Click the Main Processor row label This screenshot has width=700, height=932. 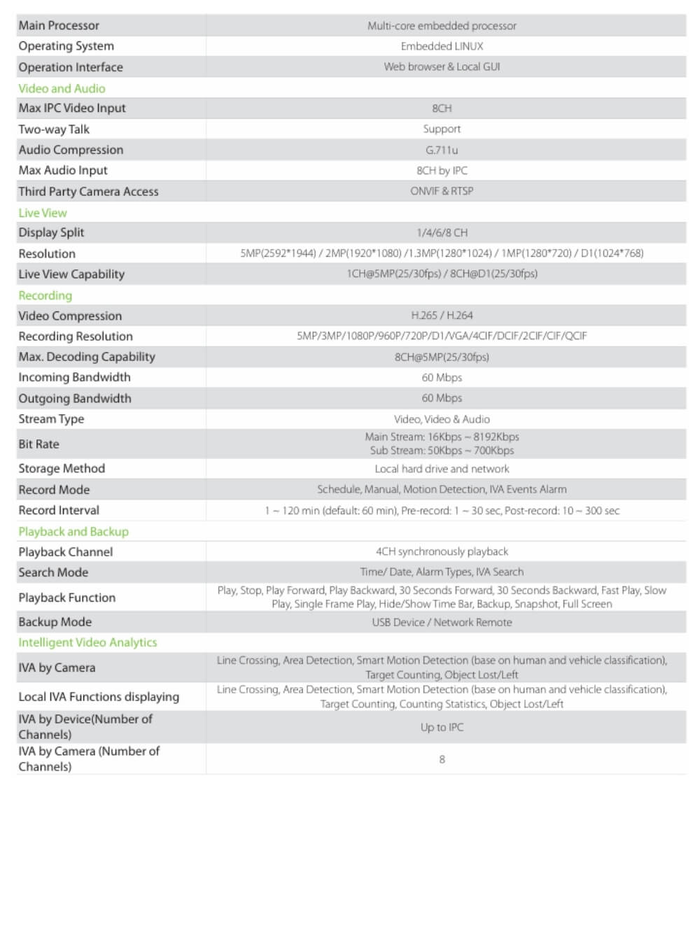tap(59, 25)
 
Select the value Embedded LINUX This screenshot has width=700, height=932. tap(442, 46)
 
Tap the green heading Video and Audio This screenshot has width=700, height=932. tap(62, 88)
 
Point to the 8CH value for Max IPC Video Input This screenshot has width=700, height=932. tap(442, 108)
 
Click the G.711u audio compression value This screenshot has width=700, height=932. tap(442, 150)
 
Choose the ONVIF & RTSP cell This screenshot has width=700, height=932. tap(442, 191)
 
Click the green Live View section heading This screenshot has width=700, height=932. tap(43, 213)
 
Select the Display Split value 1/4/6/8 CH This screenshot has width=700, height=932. tap(442, 232)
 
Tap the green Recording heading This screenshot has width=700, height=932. tap(45, 295)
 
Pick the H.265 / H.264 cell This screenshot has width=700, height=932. tap(442, 316)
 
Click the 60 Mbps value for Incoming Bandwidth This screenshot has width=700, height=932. tap(442, 378)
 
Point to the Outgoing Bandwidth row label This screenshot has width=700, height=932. tap(75, 398)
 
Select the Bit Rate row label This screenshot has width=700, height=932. tap(38, 444)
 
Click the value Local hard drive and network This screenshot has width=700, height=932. tap(442, 469)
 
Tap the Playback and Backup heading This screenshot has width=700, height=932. tap(73, 531)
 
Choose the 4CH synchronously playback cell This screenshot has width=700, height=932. tap(442, 551)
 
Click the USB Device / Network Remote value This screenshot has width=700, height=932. tap(442, 622)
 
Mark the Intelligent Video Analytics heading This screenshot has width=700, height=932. tap(87, 642)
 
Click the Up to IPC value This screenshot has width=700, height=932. tap(442, 728)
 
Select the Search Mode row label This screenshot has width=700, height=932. tap(53, 572)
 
